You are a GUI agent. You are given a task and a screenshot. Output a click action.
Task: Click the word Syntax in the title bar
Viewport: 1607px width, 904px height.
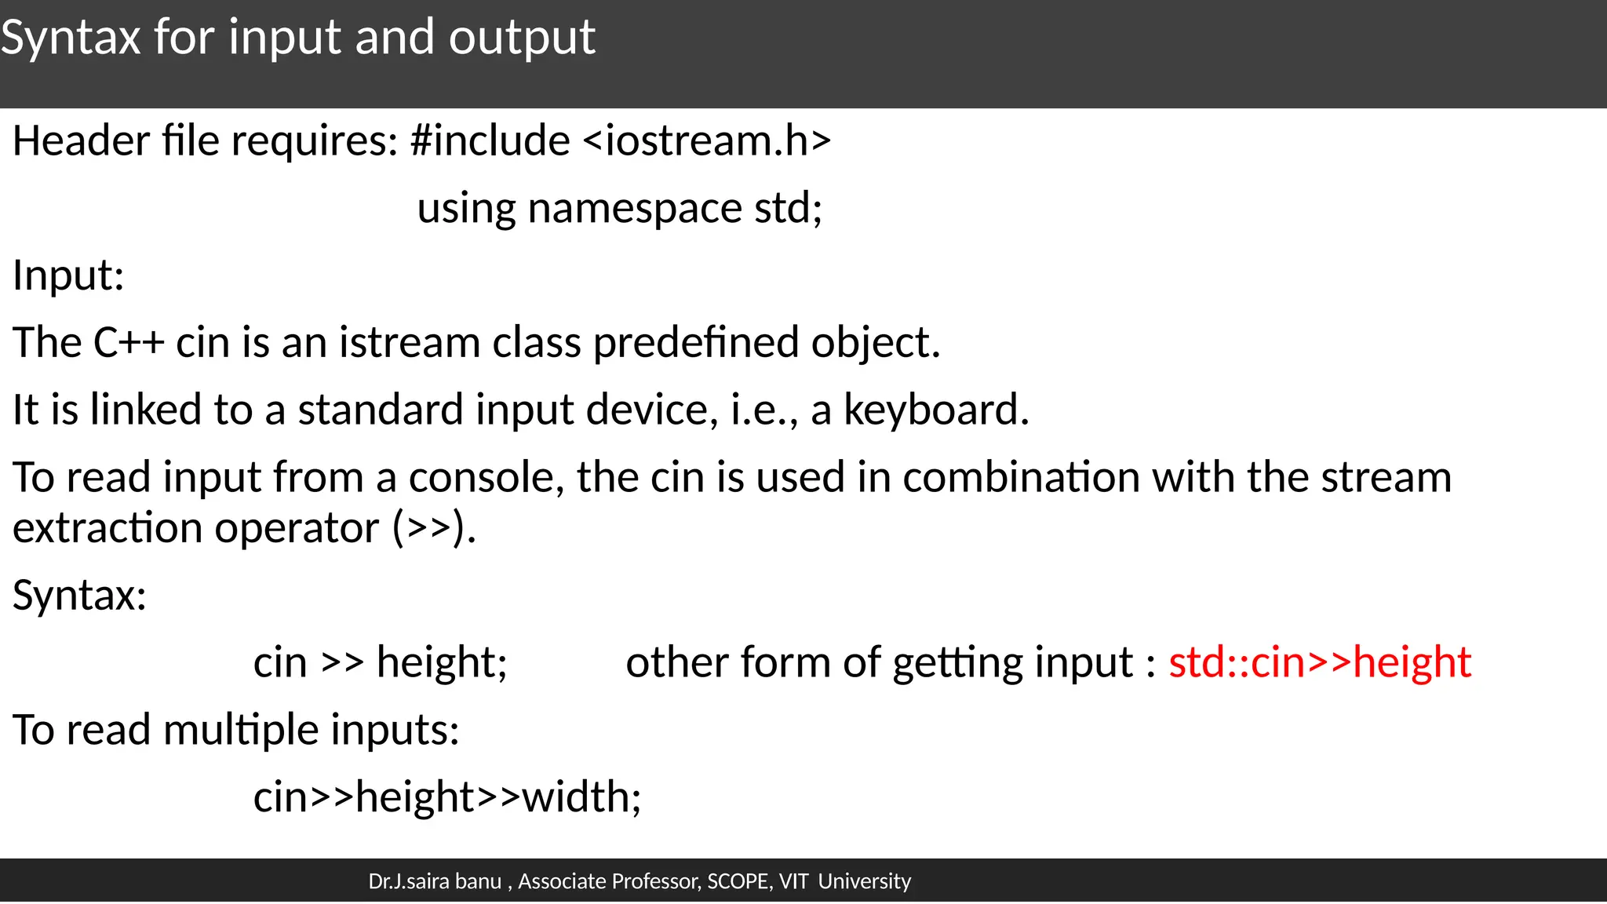(71, 38)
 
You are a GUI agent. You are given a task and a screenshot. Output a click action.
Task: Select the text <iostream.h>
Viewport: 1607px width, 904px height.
(707, 141)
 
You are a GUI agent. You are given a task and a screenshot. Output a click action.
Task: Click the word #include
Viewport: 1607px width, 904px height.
(490, 141)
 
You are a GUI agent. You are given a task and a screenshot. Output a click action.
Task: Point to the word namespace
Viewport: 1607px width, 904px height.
(635, 209)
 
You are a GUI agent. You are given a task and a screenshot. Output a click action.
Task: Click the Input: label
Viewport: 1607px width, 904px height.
(68, 275)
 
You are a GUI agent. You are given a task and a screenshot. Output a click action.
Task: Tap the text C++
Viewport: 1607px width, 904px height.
(128, 343)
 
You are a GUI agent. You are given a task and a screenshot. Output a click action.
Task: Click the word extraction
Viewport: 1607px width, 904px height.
(107, 528)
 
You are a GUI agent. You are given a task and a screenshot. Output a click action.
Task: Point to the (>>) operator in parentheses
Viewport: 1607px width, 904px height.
(434, 528)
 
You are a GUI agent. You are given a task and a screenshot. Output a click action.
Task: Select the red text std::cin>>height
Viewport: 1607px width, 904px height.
(1319, 662)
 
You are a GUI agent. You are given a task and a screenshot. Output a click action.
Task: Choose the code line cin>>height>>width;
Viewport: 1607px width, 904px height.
(447, 797)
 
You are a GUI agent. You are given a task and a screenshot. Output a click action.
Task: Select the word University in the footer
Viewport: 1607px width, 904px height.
(865, 881)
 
